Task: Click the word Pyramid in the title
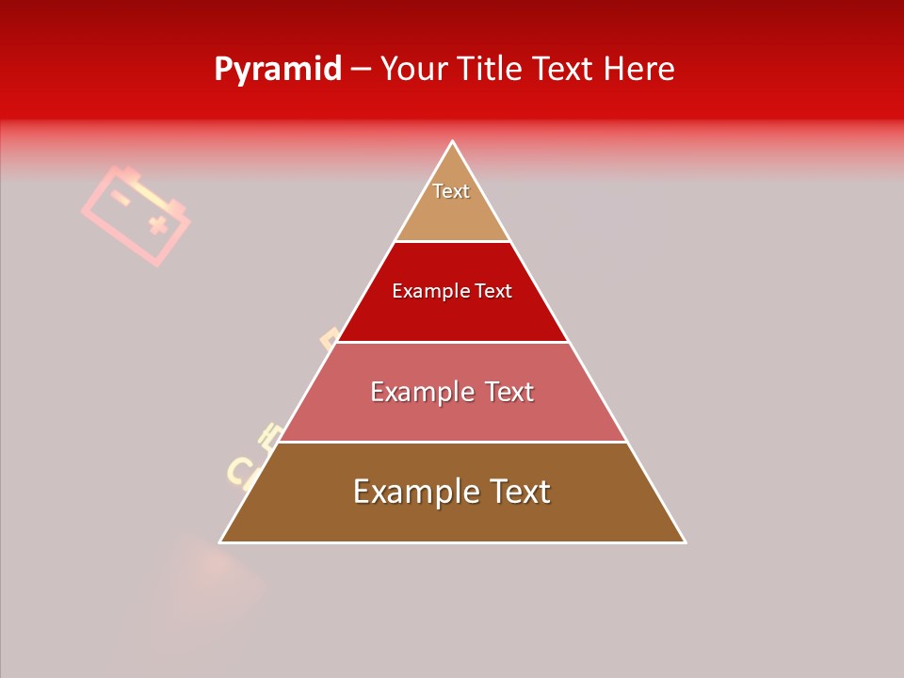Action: pos(277,70)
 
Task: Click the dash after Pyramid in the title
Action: pos(361,70)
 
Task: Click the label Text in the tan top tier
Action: pos(451,191)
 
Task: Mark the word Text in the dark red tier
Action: pos(493,292)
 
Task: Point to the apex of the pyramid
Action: pos(453,142)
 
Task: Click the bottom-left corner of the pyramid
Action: pos(221,541)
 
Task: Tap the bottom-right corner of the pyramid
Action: pos(685,541)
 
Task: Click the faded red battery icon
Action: pos(136,215)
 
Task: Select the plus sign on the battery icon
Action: pos(157,224)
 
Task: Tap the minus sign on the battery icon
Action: pos(120,198)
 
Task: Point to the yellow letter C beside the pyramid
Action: pos(239,470)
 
